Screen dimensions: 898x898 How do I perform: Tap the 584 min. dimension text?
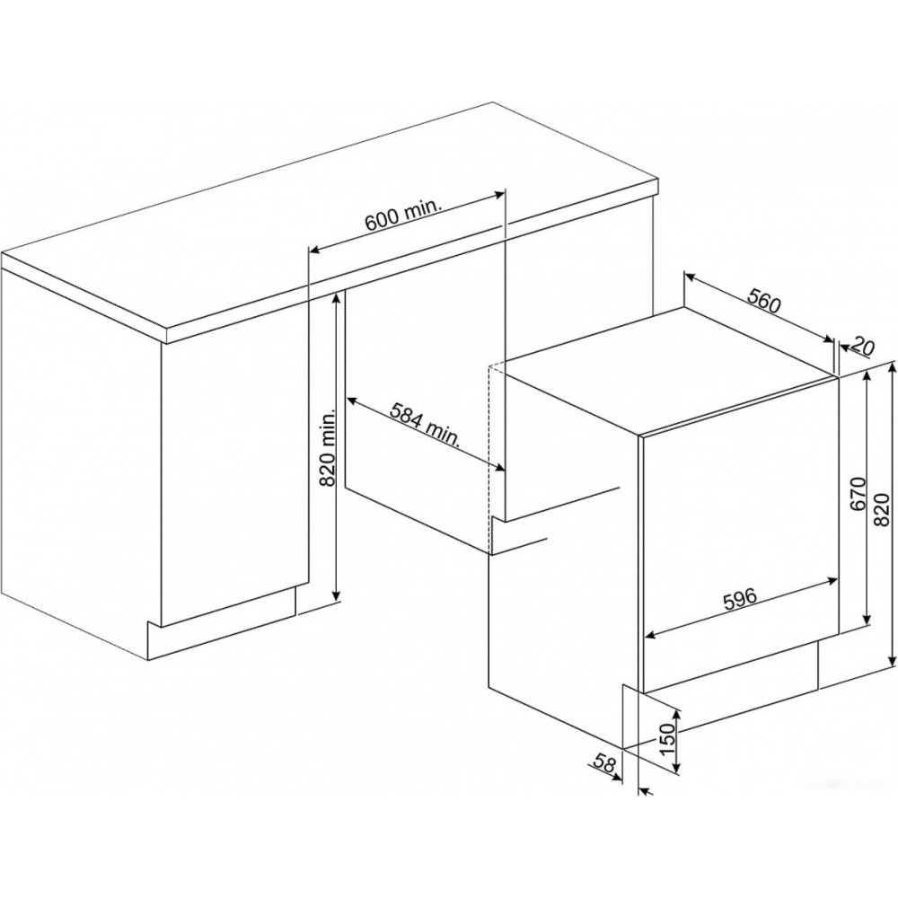click(425, 425)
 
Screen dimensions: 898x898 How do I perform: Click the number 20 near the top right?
click(863, 345)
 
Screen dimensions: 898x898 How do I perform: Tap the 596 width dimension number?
click(739, 598)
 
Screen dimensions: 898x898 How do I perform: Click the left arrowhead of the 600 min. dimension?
click(313, 249)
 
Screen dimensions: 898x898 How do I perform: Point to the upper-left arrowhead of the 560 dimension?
click(690, 277)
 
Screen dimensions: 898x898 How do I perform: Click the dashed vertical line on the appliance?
click(488, 459)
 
